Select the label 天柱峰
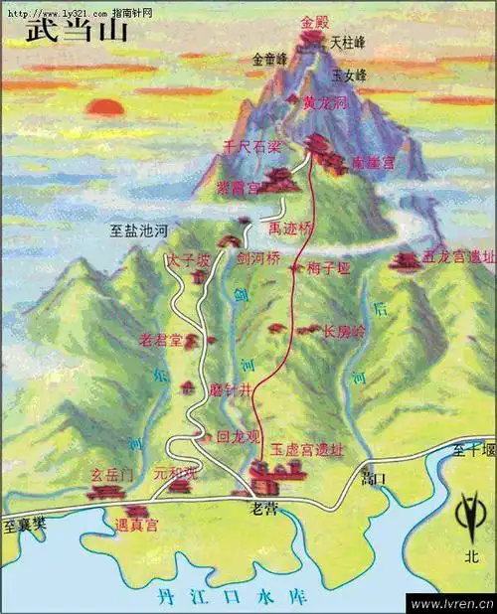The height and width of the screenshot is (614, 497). coord(349,43)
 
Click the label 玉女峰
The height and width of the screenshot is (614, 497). coord(349,76)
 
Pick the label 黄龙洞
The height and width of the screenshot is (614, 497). coord(324,102)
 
